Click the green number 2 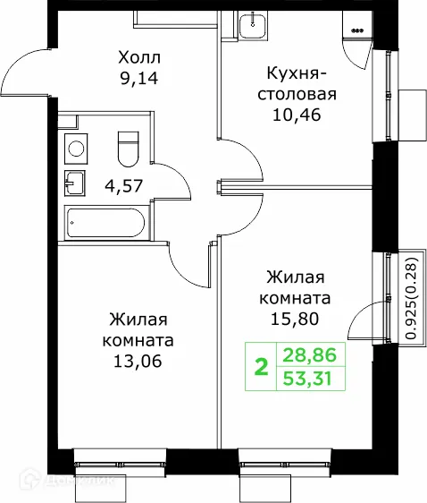point(262,366)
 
